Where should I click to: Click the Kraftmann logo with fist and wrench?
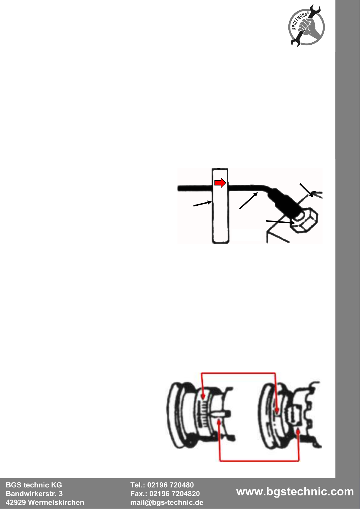coord(306,25)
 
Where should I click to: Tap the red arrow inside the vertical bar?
coord(220,183)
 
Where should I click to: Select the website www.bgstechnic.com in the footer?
coord(295,492)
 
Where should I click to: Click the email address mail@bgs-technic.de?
coord(167,502)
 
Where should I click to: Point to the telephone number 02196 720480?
coord(170,485)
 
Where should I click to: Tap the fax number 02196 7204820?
coord(174,494)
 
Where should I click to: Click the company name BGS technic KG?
coord(34,485)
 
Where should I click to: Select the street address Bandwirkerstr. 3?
coord(34,494)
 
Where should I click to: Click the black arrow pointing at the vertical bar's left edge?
coord(203,203)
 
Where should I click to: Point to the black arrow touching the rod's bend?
coord(248,201)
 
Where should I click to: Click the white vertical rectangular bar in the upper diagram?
coord(220,206)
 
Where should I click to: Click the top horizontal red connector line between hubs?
coord(238,373)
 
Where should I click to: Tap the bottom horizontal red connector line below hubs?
coord(259,461)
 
